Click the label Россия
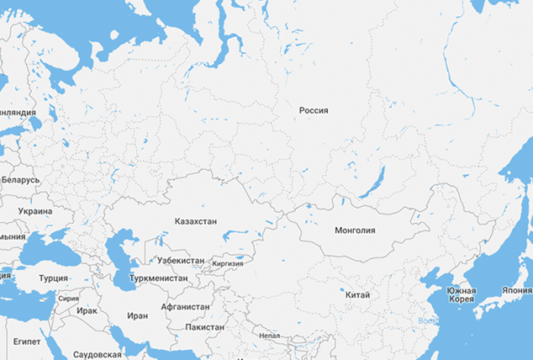pyautogui.click(x=314, y=110)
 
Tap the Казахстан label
pyautogui.click(x=196, y=221)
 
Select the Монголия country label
pyautogui.click(x=355, y=230)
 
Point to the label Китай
pyautogui.click(x=357, y=295)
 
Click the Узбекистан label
pyautogui.click(x=180, y=261)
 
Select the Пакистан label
pyautogui.click(x=204, y=327)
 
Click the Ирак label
pyautogui.click(x=87, y=310)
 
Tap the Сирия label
pyautogui.click(x=69, y=299)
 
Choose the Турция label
pyautogui.click(x=53, y=278)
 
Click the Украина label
pyautogui.click(x=34, y=211)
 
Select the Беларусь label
pyautogui.click(x=20, y=180)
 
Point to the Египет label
pyautogui.click(x=27, y=342)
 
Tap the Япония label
pyautogui.click(x=516, y=290)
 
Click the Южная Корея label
pyautogui.click(x=461, y=295)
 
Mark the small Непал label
pyautogui.click(x=270, y=335)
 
